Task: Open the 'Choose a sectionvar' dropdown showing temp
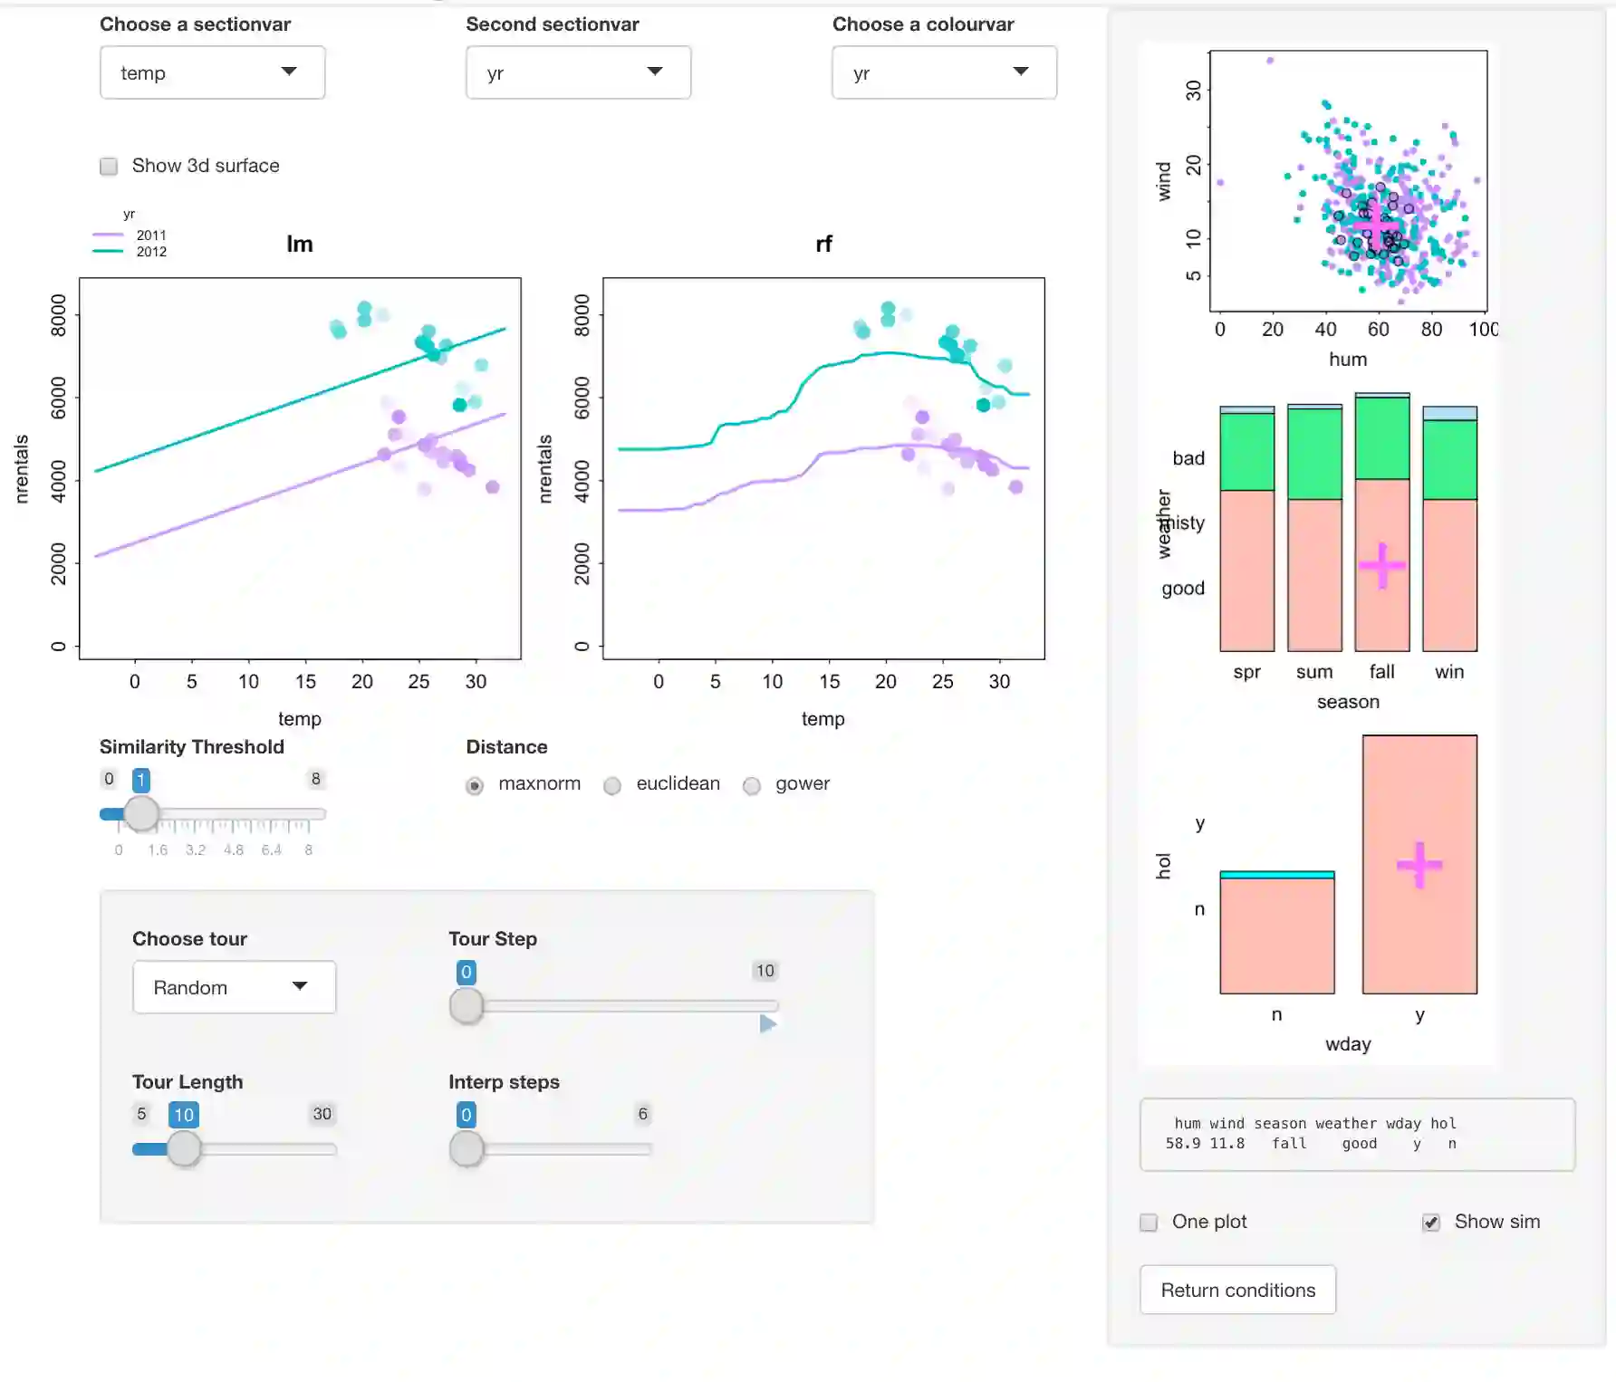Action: pos(212,72)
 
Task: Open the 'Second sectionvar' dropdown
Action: pos(578,72)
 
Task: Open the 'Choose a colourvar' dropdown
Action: pos(944,72)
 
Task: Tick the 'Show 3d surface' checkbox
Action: pos(109,166)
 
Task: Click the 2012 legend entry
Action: pos(150,252)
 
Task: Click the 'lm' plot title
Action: pos(300,244)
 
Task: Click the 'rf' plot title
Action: pos(823,244)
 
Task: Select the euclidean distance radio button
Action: pos(613,785)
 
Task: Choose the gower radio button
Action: pos(752,785)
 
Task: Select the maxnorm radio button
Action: pos(475,785)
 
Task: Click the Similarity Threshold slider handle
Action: pos(141,813)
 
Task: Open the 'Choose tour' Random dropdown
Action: pos(234,987)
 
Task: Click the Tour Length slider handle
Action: pos(184,1148)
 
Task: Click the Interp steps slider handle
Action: pos(467,1148)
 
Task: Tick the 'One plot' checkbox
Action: pos(1149,1223)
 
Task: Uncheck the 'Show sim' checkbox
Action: pos(1431,1223)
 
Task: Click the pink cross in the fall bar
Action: pos(1382,566)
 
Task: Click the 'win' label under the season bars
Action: pos(1449,672)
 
